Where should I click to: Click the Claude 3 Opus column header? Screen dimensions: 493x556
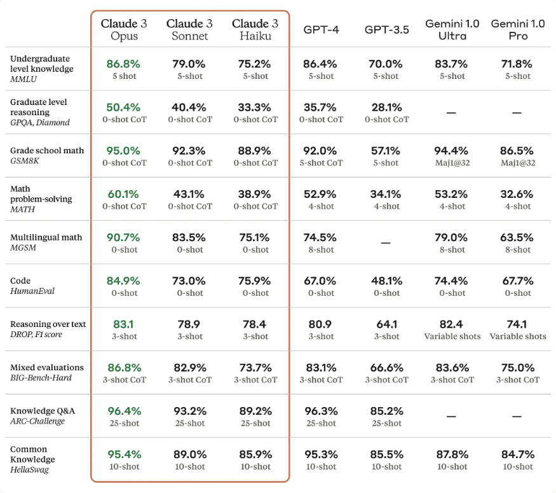pos(124,29)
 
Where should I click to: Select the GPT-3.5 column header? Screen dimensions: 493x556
pos(387,29)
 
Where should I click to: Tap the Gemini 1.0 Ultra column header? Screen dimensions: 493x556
pos(452,29)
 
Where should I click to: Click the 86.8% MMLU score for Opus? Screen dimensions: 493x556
pos(124,64)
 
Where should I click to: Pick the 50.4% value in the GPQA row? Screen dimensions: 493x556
pos(124,107)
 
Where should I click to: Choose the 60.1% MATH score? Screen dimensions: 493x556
pos(124,194)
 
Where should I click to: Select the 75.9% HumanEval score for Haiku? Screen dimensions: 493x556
pos(255,281)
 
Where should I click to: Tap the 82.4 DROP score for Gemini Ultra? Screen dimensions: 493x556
pos(452,324)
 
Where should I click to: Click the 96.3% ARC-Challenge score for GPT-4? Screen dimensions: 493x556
pos(321,411)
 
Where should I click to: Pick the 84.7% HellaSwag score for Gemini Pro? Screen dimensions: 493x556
pos(517,454)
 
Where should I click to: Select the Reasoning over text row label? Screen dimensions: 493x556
pos(48,324)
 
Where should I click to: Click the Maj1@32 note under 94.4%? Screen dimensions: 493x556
pos(452,163)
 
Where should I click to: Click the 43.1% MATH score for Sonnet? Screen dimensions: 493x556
pos(189,194)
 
